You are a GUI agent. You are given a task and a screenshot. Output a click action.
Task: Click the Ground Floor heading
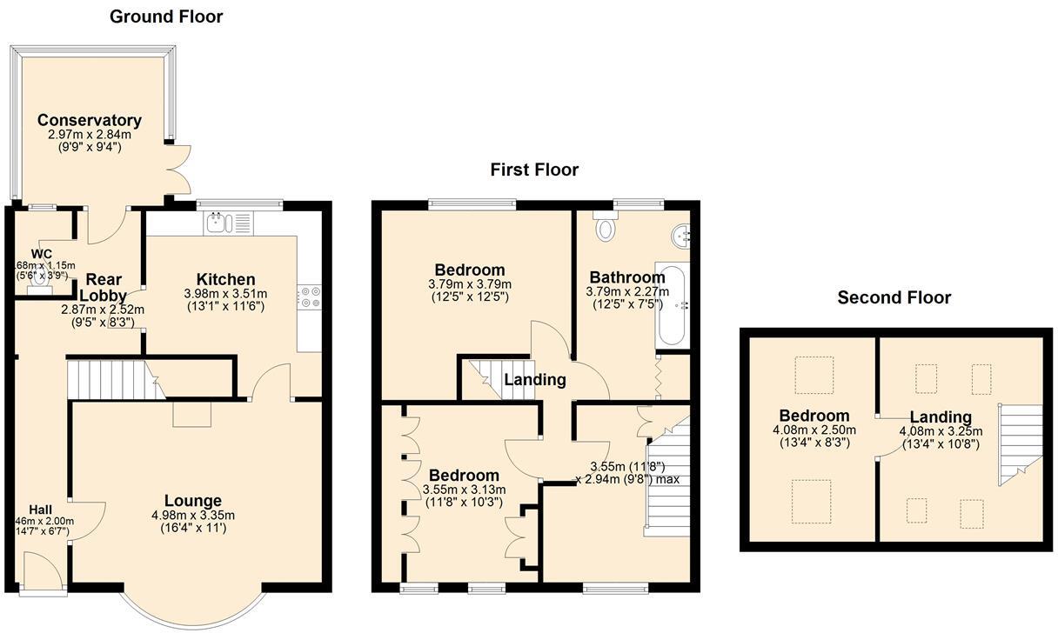click(166, 17)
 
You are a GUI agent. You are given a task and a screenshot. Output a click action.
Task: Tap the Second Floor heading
click(894, 298)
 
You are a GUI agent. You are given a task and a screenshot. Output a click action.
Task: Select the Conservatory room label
click(89, 121)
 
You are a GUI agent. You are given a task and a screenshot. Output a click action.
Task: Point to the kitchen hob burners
click(310, 297)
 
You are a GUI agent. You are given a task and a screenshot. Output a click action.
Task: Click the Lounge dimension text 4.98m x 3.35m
click(192, 516)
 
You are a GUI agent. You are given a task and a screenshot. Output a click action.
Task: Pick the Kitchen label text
click(225, 279)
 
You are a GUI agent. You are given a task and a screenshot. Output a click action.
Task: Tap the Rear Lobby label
click(103, 288)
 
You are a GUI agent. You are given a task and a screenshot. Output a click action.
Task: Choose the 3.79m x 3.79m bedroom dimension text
click(470, 284)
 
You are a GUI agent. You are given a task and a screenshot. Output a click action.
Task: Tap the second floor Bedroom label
click(814, 416)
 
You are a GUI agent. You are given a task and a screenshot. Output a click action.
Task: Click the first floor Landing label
click(534, 380)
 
